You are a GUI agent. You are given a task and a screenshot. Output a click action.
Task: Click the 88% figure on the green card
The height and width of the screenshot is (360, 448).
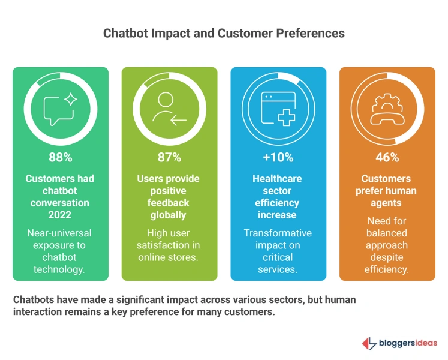pos(61,158)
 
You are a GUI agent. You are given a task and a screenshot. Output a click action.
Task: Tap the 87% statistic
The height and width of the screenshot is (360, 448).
pos(169,158)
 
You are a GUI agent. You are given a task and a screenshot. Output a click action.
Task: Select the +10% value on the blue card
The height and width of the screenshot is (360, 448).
pos(278,158)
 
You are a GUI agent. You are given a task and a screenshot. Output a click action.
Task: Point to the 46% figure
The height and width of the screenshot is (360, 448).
pos(387,158)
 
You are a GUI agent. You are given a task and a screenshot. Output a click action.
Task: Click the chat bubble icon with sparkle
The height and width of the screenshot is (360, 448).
pos(61,108)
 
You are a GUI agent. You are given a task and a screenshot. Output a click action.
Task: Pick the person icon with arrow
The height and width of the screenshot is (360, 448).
pos(169,108)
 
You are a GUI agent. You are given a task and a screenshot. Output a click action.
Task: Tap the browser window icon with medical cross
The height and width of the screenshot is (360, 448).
pos(278,109)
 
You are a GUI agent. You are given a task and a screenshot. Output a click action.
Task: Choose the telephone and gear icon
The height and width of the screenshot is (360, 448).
pos(387,108)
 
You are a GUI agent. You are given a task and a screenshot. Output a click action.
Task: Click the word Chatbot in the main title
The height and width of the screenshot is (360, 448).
pos(125,33)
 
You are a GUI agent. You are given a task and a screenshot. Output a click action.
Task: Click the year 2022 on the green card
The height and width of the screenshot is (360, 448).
pos(61,215)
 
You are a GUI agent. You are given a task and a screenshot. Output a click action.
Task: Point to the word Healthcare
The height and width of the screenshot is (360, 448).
pos(278,179)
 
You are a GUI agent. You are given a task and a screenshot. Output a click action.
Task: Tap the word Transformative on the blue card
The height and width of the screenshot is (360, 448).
pos(278,233)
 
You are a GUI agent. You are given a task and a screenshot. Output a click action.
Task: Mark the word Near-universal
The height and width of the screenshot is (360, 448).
pos(61,233)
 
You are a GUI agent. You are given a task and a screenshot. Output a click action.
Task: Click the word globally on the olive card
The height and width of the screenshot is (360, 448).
pos(169,215)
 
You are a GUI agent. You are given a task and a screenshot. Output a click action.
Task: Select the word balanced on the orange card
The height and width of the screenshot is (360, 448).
pos(387,233)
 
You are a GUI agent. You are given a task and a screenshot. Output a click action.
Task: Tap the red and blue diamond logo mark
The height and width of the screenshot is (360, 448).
pos(368,343)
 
